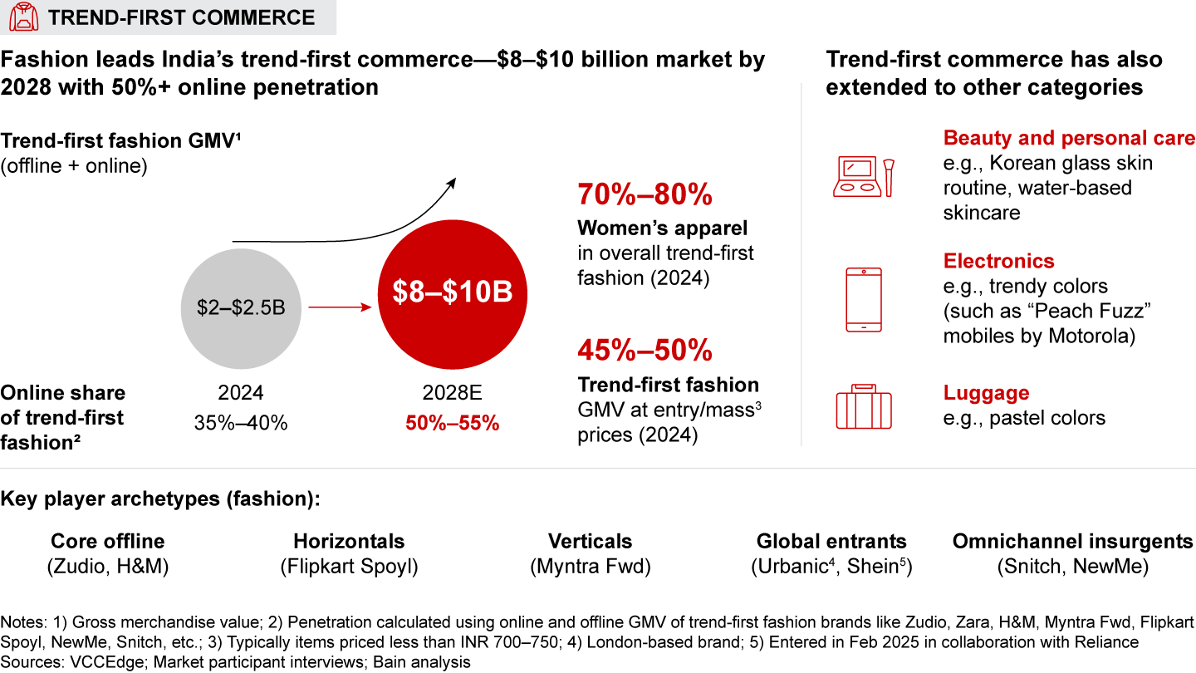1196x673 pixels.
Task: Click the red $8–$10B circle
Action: point(453,292)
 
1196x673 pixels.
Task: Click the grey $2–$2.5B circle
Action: point(242,307)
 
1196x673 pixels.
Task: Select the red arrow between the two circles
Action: point(340,307)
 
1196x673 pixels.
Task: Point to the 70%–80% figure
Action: point(645,194)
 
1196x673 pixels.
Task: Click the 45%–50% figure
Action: point(645,351)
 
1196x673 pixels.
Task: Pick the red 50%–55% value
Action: point(453,423)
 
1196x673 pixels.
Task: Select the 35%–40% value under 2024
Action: point(242,423)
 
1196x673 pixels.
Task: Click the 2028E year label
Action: point(453,393)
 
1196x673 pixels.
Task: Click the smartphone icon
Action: point(863,300)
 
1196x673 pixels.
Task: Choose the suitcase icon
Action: point(863,407)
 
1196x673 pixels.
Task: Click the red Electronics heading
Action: point(998,261)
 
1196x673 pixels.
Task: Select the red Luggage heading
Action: point(986,393)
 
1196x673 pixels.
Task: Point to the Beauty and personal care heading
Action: point(1069,138)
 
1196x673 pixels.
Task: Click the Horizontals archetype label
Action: point(349,542)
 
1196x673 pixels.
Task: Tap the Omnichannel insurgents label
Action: point(1072,542)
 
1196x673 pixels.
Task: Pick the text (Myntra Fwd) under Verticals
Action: point(590,567)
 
